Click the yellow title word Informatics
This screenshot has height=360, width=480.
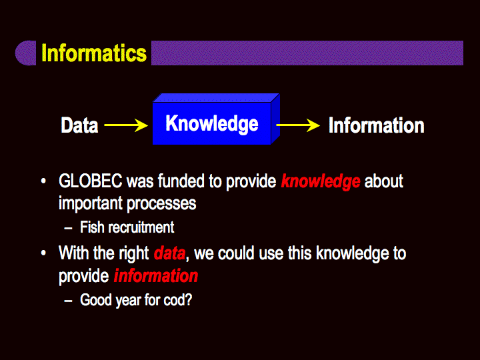click(94, 53)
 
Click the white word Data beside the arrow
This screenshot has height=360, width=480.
click(79, 125)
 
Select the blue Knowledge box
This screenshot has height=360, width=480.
click(216, 119)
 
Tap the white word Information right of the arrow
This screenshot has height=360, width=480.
click(376, 125)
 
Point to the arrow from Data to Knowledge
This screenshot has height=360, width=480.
click(126, 125)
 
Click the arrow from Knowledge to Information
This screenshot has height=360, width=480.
click(298, 125)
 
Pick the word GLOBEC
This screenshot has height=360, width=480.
click(90, 181)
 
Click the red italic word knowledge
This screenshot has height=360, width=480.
click(321, 181)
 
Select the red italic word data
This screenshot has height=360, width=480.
click(169, 253)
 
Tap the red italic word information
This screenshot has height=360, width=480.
click(156, 276)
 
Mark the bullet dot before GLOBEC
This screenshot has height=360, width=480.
click(43, 181)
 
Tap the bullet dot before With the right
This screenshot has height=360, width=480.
click(43, 253)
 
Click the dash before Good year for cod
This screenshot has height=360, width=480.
click(68, 301)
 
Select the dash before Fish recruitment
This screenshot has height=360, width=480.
click(68, 229)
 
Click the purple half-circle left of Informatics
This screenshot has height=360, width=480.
click(26, 53)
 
